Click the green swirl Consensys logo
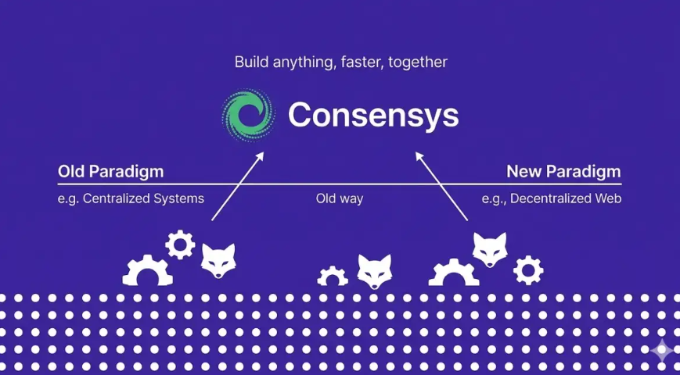pyautogui.click(x=248, y=115)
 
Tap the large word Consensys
pyautogui.click(x=373, y=115)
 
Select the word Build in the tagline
pyautogui.click(x=252, y=62)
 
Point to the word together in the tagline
pyautogui.click(x=418, y=62)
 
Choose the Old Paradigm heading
pyautogui.click(x=110, y=172)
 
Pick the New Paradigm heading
pyautogui.click(x=563, y=172)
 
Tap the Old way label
pyautogui.click(x=340, y=198)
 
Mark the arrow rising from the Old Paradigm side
pyautogui.click(x=238, y=186)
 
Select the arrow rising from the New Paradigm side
pyautogui.click(x=442, y=186)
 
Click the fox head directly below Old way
pyautogui.click(x=375, y=272)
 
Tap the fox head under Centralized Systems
pyautogui.click(x=218, y=261)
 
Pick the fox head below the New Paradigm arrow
pyautogui.click(x=490, y=250)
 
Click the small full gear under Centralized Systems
pyautogui.click(x=180, y=245)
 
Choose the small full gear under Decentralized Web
pyautogui.click(x=528, y=270)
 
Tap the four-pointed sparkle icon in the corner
pyautogui.click(x=662, y=351)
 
